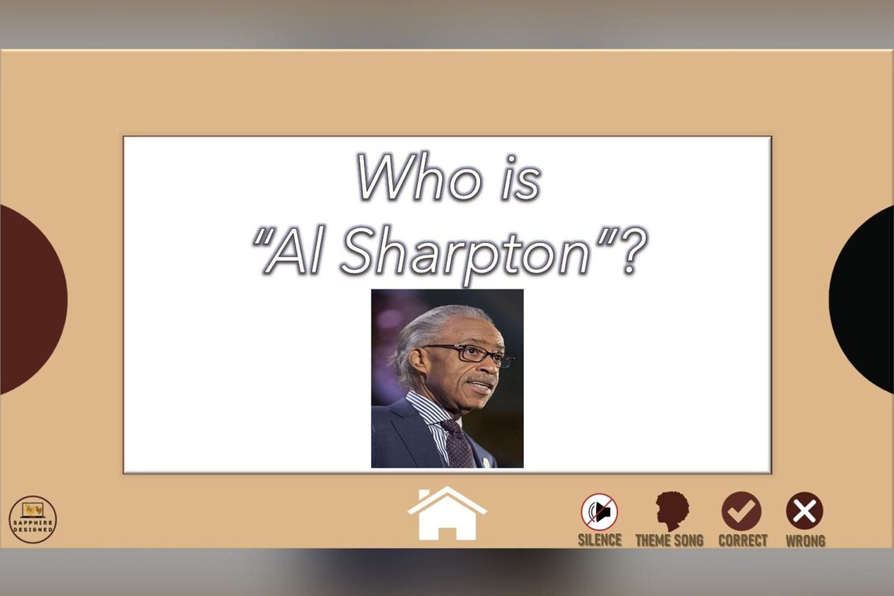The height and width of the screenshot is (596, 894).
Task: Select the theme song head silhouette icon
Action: [x=671, y=511]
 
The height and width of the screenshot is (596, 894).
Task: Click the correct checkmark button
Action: [x=741, y=511]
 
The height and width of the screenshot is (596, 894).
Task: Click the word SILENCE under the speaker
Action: [x=599, y=540]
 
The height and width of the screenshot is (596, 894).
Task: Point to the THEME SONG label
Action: [x=669, y=540]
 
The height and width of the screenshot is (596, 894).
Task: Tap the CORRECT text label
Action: [x=742, y=540]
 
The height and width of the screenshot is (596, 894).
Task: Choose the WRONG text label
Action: [x=805, y=540]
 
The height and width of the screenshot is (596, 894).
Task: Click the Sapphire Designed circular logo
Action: [x=33, y=519]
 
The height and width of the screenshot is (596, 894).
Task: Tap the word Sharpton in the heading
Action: [x=466, y=253]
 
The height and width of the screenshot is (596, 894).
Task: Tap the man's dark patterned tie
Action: [x=457, y=444]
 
